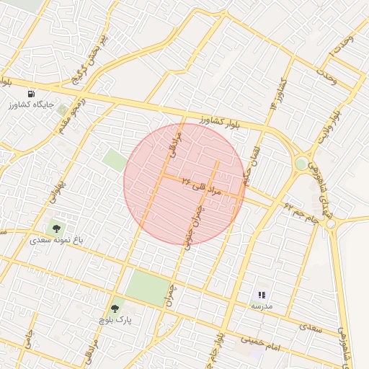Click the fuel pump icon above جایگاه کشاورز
tap(31, 94)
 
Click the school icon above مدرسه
tap(262, 295)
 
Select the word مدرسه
tap(262, 306)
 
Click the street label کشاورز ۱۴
tap(277, 94)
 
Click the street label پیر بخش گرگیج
tap(92, 57)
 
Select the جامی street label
tap(27, 342)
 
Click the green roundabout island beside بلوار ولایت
tap(301, 164)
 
